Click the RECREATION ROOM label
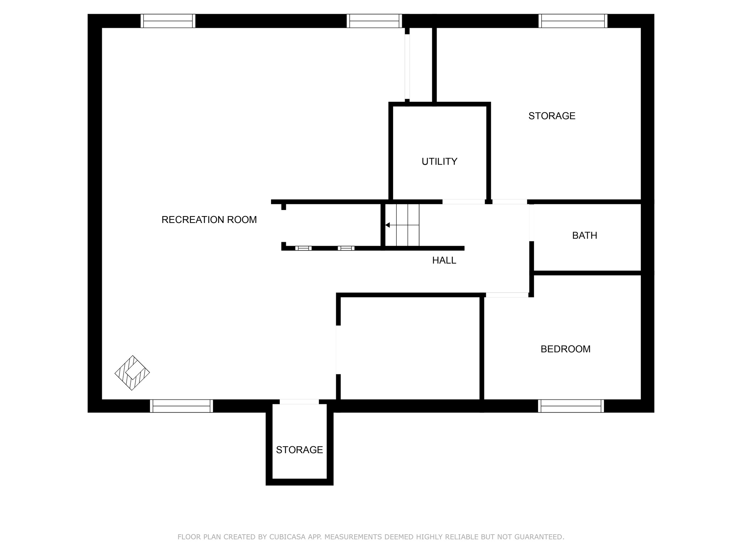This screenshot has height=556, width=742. (209, 220)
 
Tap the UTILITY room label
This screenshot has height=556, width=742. (439, 161)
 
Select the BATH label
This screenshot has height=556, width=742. (584, 236)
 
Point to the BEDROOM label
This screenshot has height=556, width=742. (565, 349)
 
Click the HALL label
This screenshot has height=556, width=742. (444, 260)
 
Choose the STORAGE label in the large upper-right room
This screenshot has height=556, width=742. (551, 116)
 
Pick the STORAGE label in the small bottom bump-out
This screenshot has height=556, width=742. (299, 450)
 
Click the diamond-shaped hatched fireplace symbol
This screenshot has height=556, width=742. (132, 373)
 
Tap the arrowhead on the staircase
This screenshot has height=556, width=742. (387, 225)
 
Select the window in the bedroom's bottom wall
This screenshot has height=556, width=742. (571, 406)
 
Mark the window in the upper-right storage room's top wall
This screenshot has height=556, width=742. (573, 21)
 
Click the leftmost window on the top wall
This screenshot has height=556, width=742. (168, 21)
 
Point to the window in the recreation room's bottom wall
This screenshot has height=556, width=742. (181, 406)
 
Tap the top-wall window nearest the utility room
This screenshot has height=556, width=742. (374, 21)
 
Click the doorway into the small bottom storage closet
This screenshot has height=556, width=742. (299, 402)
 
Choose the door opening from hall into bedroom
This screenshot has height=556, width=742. (507, 295)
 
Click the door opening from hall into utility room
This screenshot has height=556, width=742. (463, 202)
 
